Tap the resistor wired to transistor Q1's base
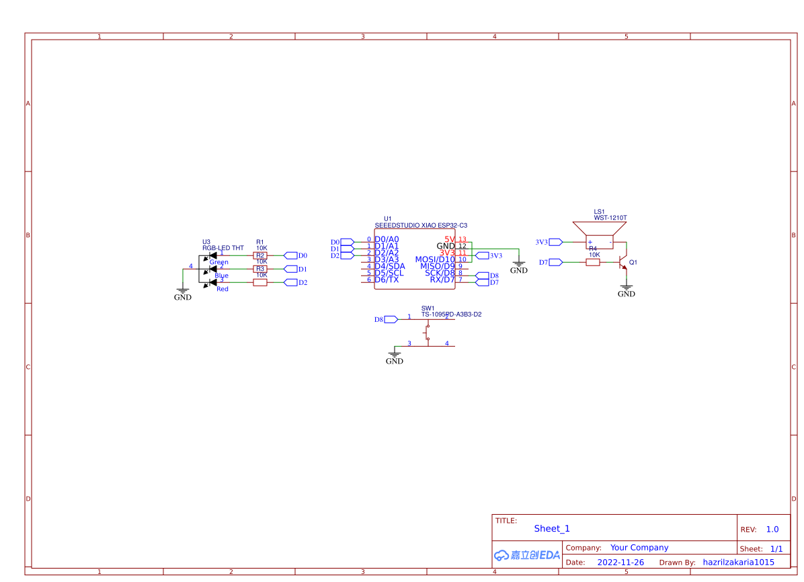593,262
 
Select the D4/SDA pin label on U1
390,266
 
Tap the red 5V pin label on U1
450,239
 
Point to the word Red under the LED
223,289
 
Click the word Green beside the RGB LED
218,262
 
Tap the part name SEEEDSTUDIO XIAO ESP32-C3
421,226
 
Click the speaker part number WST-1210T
610,218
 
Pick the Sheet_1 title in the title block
552,529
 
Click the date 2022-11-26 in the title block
620,563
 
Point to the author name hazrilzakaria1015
738,563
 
